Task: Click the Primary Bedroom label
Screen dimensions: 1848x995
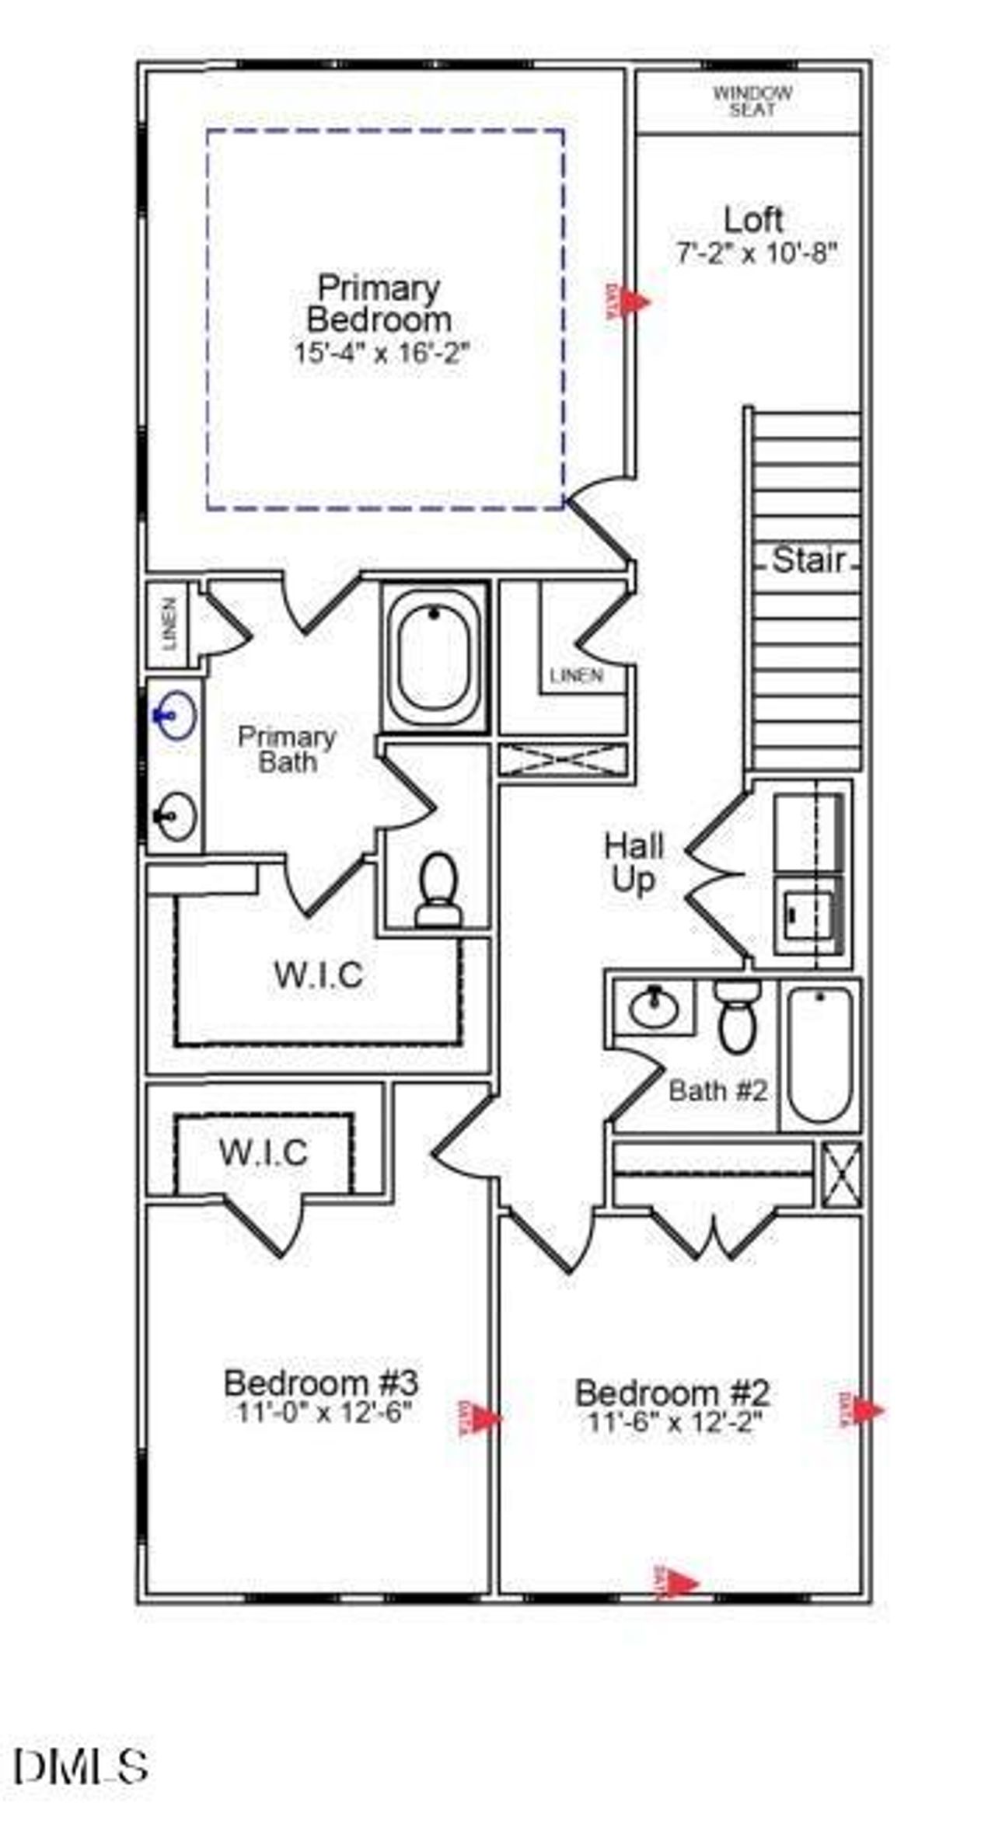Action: [379, 304]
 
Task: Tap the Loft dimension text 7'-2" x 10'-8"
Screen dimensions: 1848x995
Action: [757, 253]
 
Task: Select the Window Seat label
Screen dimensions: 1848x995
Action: [752, 102]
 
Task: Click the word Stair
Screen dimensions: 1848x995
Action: [808, 560]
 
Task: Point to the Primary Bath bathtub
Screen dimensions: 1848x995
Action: [434, 657]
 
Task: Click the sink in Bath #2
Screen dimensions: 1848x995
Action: [653, 1007]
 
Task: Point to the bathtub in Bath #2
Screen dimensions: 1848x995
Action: [820, 1054]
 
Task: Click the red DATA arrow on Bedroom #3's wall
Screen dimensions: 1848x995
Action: [485, 1418]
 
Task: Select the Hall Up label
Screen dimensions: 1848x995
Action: [634, 863]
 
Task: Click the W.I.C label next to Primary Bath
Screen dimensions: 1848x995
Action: [319, 975]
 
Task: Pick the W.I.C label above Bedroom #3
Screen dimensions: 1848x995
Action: [264, 1153]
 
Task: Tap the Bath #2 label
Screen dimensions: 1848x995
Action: [717, 1090]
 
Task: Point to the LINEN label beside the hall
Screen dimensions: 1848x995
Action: [576, 676]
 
